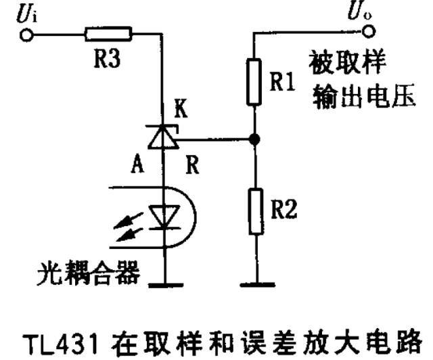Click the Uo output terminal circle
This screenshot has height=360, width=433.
tap(369, 31)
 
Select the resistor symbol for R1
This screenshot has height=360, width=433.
tap(254, 82)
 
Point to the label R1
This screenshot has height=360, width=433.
tap(282, 83)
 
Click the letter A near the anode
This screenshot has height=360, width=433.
tap(137, 165)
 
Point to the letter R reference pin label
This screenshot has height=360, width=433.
tap(192, 165)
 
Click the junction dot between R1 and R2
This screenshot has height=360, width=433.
tap(254, 139)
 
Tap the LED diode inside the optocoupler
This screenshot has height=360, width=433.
tap(163, 217)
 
